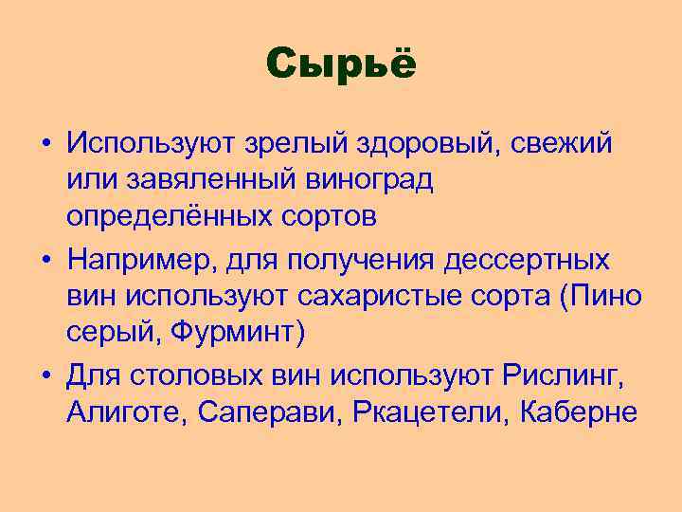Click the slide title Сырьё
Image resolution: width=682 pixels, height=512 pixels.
pos(341,64)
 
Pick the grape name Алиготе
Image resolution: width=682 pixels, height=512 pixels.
pos(121,413)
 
